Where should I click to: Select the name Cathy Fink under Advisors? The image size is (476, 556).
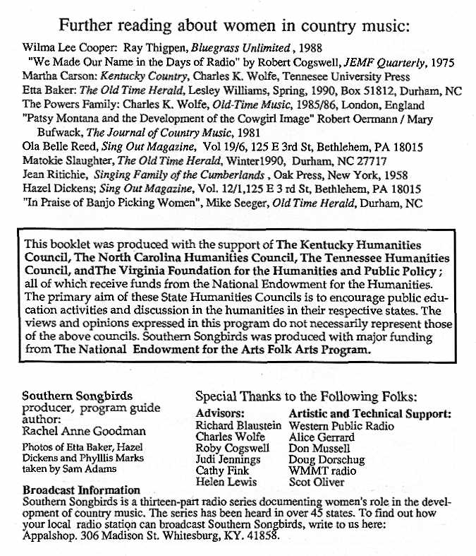point(219,471)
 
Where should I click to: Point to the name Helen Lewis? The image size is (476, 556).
point(222,483)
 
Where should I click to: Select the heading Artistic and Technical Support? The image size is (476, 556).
point(370,414)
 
